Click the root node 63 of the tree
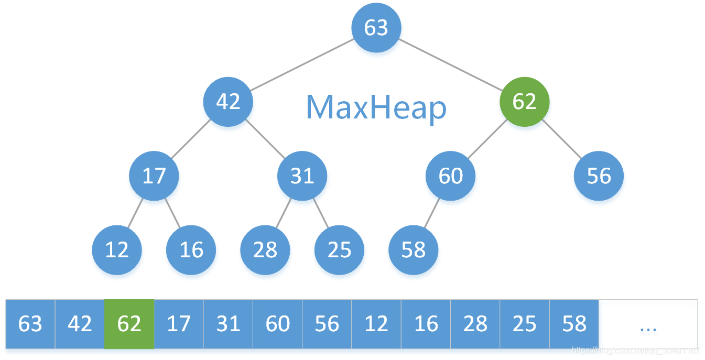(376, 28)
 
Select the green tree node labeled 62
(524, 101)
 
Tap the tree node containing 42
(228, 101)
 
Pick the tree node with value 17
(154, 176)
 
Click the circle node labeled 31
(302, 176)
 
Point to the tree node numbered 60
(450, 176)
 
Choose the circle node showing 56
(599, 176)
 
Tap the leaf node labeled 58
(413, 250)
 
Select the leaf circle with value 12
(116, 250)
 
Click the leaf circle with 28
(265, 250)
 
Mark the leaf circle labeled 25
(339, 250)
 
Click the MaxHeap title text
(376, 107)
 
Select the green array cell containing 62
(129, 324)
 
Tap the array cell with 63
(30, 324)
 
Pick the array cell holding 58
(574, 324)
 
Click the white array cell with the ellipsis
(648, 324)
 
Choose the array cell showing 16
(426, 324)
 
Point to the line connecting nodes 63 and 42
(301, 64)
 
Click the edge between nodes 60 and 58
(432, 213)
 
